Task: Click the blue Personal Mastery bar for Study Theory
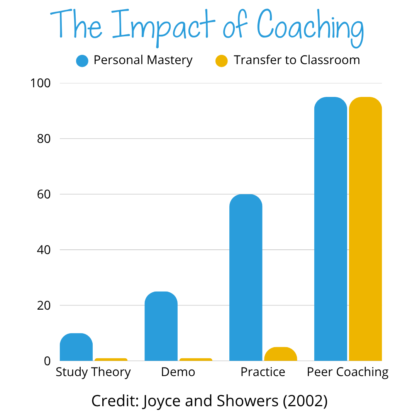click(x=76, y=347)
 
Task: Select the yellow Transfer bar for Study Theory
click(x=111, y=359)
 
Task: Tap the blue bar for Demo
click(x=161, y=326)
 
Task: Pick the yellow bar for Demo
click(x=196, y=359)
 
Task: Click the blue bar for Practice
click(x=246, y=278)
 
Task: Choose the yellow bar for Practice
click(x=280, y=354)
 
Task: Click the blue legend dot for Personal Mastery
click(x=82, y=61)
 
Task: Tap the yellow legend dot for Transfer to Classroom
click(x=222, y=61)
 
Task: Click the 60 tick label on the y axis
click(x=44, y=194)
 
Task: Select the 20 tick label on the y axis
click(x=44, y=305)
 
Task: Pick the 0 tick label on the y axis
click(x=47, y=361)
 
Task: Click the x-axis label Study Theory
click(x=93, y=372)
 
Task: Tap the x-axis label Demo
click(x=178, y=372)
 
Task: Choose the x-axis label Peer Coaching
click(x=347, y=372)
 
